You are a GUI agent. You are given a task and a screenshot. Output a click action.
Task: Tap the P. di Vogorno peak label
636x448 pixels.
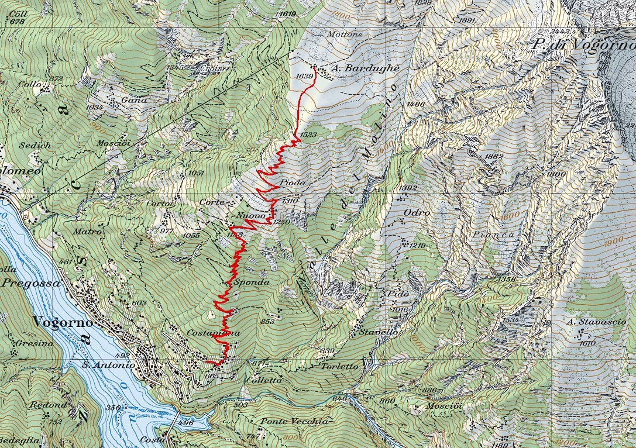pos(583,44)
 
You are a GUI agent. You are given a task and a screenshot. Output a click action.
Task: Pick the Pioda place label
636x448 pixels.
pos(293,182)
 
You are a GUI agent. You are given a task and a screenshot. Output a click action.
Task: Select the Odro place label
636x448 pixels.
pos(417,213)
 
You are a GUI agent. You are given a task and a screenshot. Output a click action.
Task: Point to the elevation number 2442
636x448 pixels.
pos(561,31)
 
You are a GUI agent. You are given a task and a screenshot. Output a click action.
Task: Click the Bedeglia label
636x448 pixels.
pos(19,440)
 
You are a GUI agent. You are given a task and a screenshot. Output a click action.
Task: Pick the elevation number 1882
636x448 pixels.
pos(494,157)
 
